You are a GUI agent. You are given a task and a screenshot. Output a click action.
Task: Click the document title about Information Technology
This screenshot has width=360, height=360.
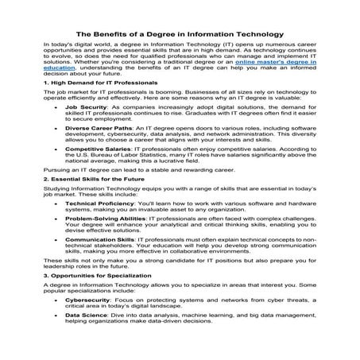180,34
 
